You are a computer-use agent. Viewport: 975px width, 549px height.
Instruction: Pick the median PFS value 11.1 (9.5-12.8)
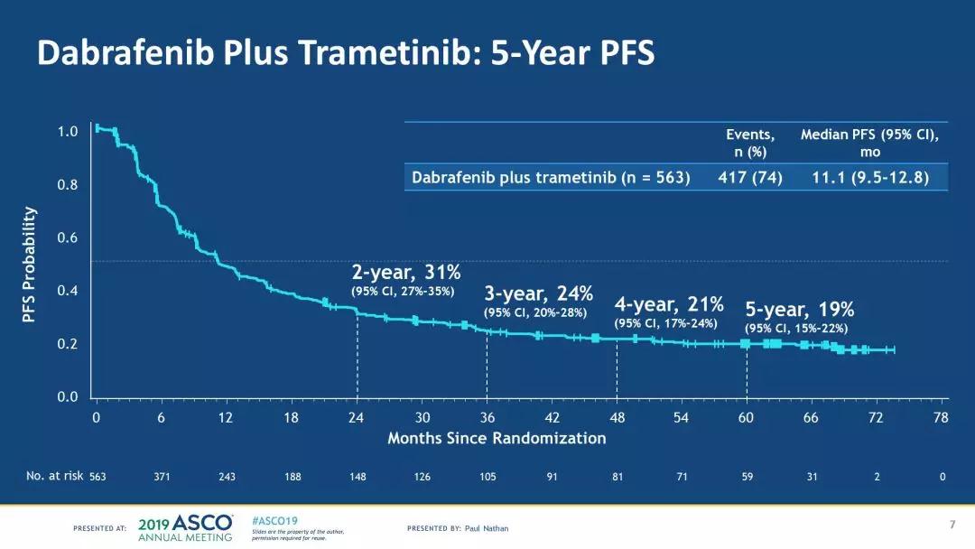coord(869,177)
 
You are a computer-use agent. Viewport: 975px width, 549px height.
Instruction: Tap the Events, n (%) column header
coord(750,143)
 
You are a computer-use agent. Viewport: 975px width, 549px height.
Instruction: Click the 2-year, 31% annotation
coord(406,272)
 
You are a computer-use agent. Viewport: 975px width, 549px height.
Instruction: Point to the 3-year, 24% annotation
coord(538,293)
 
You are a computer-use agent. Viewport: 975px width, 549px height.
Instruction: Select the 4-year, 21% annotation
coord(669,303)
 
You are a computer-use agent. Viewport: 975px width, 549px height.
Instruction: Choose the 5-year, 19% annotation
coord(799,309)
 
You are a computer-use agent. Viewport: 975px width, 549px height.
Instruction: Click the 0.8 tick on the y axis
coord(69,185)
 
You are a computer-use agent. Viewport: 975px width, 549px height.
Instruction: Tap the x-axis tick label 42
coord(552,417)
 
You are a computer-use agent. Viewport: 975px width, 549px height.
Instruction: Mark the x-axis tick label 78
coord(942,417)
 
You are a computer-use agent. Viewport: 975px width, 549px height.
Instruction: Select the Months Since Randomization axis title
coord(497,438)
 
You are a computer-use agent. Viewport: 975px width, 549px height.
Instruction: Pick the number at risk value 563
coord(97,476)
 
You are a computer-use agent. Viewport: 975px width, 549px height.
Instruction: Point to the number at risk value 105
coord(487,476)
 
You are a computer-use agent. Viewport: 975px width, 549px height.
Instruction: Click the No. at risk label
coord(54,476)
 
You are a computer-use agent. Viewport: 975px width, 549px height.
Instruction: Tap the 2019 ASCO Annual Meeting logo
coord(186,527)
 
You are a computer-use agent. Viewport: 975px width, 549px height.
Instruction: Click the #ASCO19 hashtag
coord(274,521)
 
